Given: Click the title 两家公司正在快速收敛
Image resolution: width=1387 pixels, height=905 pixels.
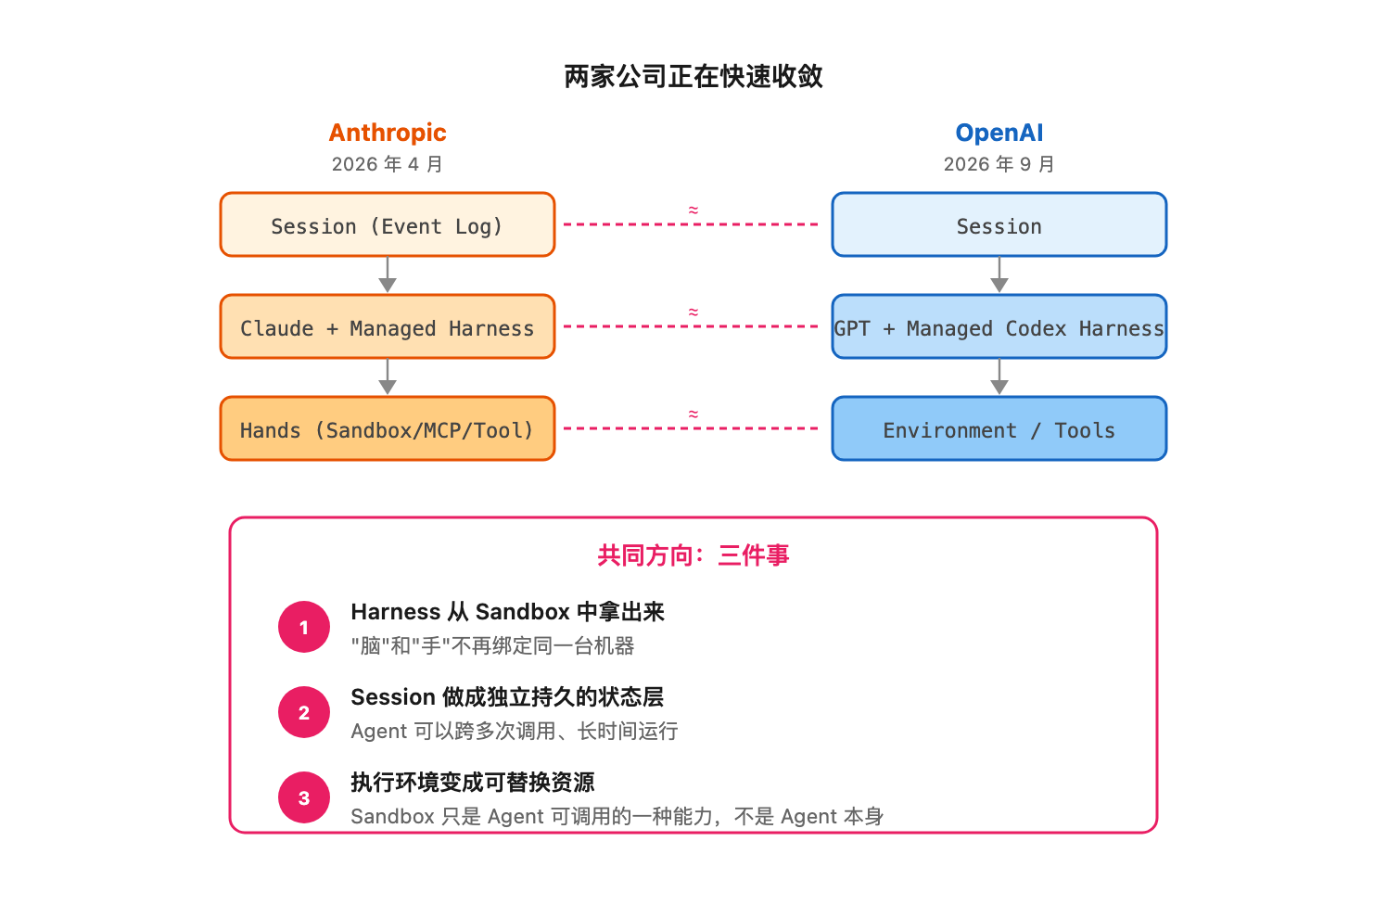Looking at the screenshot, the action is point(693,77).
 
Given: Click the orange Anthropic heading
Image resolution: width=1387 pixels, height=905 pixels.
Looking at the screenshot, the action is point(387,134).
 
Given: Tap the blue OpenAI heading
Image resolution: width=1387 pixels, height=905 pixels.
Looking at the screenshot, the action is point(999,133).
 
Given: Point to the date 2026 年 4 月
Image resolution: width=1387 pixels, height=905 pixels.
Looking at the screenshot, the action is point(387,164).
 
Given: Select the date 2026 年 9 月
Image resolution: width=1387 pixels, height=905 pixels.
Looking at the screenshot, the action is point(999,164).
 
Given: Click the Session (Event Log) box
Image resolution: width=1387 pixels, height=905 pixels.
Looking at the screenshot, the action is point(387,224).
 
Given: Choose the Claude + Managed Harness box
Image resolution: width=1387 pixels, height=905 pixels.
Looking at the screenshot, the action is point(387,326).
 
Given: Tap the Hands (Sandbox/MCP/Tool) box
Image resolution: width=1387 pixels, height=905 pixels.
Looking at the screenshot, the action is point(387,428).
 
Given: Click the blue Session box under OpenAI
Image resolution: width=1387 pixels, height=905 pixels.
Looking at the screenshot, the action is point(999,224).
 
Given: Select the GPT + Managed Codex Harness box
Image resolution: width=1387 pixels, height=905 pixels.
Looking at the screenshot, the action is point(999,326).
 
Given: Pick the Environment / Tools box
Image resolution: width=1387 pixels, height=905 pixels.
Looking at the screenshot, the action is point(999,428).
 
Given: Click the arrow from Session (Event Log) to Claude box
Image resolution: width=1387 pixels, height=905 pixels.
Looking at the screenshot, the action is point(387,274).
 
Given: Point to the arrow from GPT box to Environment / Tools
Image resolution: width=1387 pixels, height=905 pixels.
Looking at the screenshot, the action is point(999,376).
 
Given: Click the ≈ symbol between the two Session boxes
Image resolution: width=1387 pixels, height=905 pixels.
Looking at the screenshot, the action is point(693,210).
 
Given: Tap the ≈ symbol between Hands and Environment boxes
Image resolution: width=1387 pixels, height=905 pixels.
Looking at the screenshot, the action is point(693,414).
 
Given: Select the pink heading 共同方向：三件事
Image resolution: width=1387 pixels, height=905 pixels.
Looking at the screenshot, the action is point(693,555).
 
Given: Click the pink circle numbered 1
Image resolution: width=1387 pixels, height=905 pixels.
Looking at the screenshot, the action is point(303,627).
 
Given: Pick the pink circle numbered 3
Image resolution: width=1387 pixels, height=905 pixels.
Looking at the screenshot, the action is point(303,797).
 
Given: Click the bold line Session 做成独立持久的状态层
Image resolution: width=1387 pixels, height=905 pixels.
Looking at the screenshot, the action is point(507,697).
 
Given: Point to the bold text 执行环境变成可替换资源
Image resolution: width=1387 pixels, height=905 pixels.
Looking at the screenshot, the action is point(473,783).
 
